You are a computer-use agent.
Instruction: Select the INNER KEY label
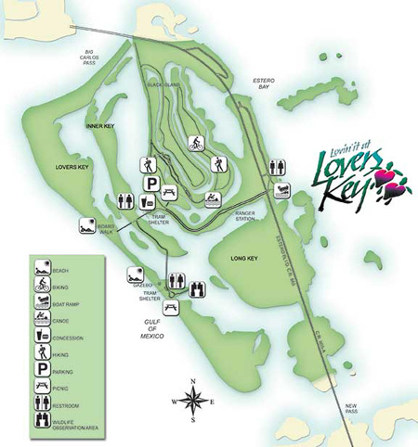tap(98, 125)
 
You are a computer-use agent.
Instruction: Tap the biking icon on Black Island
tap(196, 144)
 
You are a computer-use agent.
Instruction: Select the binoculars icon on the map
tap(197, 288)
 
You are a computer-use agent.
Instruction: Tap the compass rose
tap(192, 401)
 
